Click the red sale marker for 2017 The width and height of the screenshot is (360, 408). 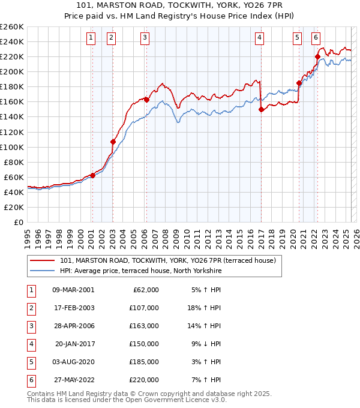click(261, 109)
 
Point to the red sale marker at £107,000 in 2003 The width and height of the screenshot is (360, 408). click(112, 142)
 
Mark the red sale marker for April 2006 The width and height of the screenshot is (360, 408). click(146, 100)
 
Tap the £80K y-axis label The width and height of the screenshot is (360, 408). click(13, 162)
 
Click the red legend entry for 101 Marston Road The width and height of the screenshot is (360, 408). click(167, 260)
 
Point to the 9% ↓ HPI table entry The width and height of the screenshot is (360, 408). click(206, 344)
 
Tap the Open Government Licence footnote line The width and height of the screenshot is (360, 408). click(127, 400)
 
